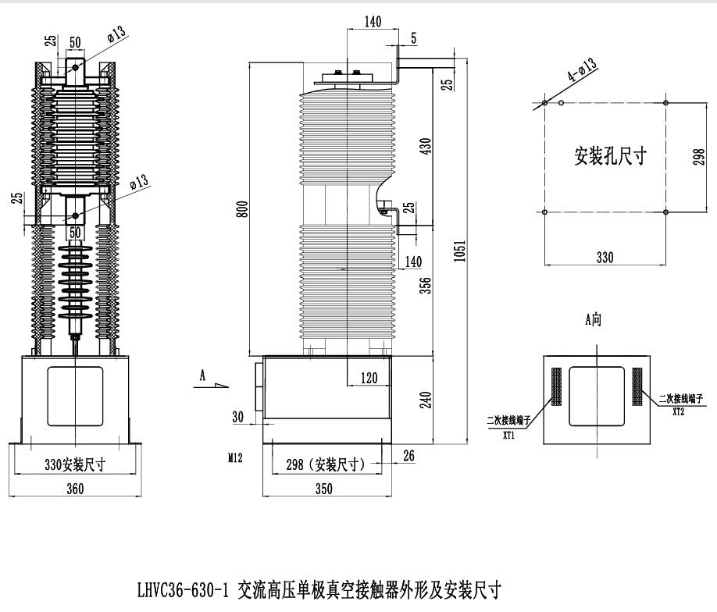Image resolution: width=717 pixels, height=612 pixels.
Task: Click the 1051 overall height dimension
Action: [461, 251]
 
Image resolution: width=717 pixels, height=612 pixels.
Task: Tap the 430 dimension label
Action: [426, 146]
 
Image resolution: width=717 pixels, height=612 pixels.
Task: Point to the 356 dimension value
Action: [426, 286]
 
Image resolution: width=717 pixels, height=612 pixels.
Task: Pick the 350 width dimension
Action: [323, 489]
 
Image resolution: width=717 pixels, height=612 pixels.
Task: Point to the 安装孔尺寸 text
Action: [610, 155]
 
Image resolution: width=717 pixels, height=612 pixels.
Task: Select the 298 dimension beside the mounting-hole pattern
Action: [699, 156]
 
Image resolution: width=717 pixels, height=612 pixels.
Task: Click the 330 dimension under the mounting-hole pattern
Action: [605, 256]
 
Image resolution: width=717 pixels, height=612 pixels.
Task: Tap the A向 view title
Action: [594, 319]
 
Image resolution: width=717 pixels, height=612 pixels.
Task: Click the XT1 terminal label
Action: [508, 436]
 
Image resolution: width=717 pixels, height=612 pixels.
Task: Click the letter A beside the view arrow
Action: [202, 375]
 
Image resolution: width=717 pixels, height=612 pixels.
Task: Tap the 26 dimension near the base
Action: [408, 455]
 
